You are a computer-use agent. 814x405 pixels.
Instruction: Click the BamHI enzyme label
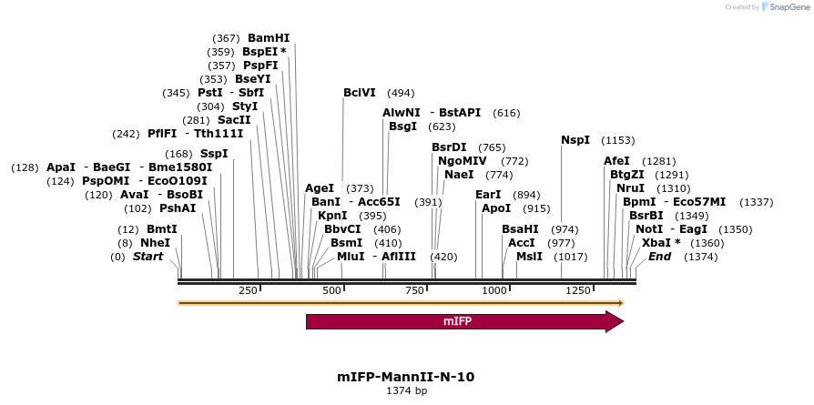coord(269,38)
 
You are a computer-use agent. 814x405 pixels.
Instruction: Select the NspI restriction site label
coord(575,140)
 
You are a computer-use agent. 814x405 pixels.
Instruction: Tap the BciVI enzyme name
coord(360,93)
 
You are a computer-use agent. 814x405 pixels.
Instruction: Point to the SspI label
coord(214,153)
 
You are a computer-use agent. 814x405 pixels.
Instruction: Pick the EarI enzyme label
coord(489,195)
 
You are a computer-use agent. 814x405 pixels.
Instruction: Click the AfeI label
coord(616,160)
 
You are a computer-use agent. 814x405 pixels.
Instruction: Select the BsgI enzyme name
coord(402,127)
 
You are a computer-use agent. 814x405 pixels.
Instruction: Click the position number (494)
coord(401,93)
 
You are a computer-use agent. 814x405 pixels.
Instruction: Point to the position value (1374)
coord(700,258)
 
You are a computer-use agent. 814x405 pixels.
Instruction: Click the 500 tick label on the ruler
coord(331,290)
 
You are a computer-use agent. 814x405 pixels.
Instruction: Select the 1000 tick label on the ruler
coord(494,290)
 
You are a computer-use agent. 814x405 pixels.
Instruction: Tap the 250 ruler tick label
coord(248,290)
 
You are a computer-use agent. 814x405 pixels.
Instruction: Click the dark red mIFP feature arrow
coord(464,321)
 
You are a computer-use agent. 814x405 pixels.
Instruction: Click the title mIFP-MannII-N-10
coord(406,376)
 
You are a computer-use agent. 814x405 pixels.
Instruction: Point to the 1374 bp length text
coord(406,390)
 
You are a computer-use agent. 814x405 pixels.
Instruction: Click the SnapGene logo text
coord(788,7)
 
